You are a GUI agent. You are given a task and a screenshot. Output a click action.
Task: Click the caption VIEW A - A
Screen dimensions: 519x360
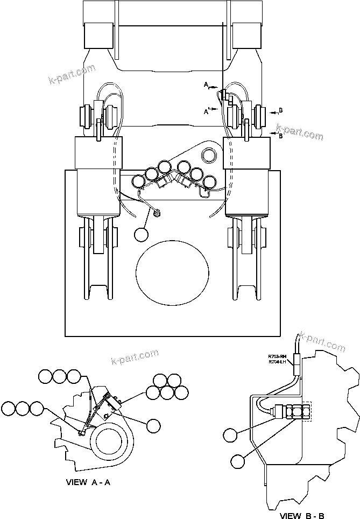[x=88, y=482]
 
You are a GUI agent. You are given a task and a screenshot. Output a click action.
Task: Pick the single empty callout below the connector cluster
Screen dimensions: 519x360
[x=142, y=234]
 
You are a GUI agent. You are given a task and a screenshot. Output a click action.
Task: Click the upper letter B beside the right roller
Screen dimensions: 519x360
[x=280, y=111]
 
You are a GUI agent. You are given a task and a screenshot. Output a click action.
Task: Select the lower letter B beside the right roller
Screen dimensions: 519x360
[x=280, y=136]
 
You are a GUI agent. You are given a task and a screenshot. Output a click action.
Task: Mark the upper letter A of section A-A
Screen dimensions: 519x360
[x=206, y=85]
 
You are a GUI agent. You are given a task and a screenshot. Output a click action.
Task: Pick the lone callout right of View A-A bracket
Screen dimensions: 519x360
[x=153, y=425]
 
